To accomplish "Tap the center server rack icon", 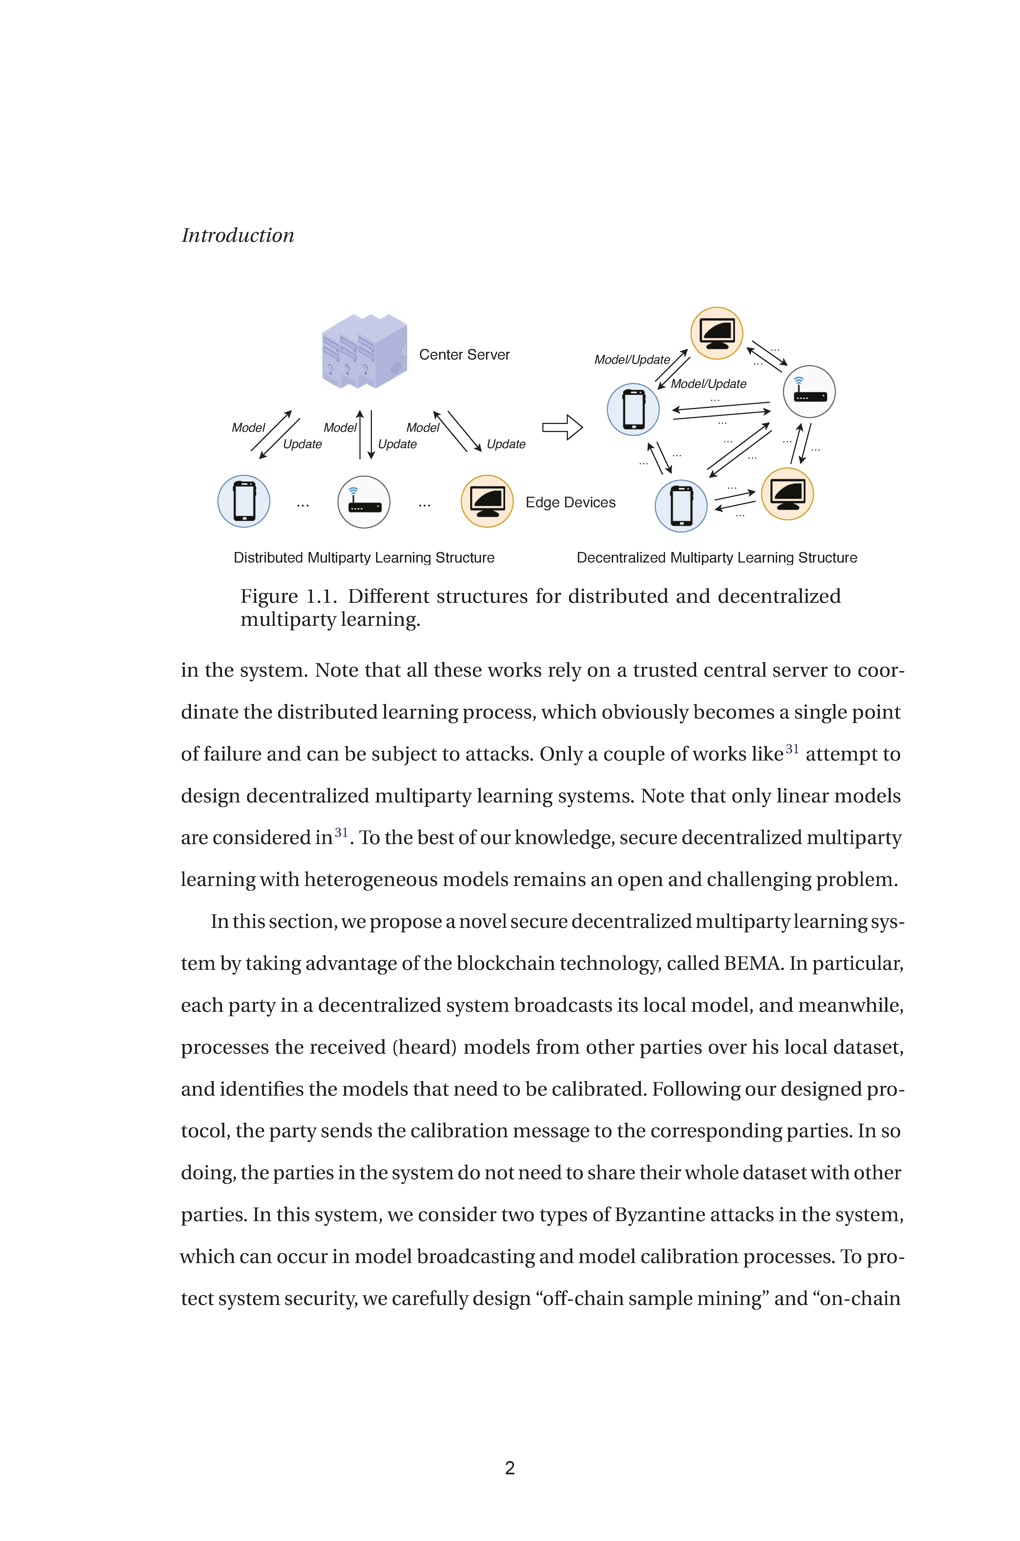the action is tap(364, 352).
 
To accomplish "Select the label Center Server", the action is tap(464, 355).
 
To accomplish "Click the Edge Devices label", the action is tap(570, 502).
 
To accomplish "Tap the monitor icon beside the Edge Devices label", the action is tap(487, 501).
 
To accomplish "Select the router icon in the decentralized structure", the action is tap(809, 392).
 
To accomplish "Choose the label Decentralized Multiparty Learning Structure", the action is tap(717, 558).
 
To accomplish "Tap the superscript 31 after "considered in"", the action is tap(341, 832).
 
